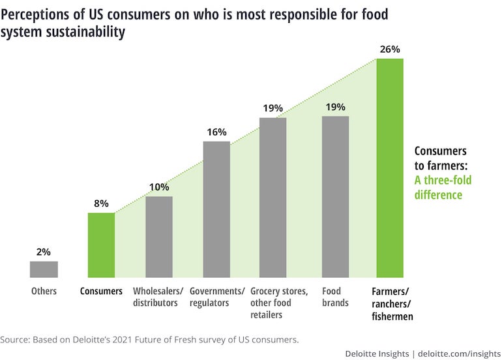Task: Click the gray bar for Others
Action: [44, 269]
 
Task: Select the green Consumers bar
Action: [101, 245]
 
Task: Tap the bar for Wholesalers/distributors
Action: [159, 237]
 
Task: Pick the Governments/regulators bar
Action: [216, 209]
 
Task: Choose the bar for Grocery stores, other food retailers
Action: [273, 198]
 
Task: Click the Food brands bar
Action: [336, 197]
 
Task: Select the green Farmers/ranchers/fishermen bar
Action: [390, 168]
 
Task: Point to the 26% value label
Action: [390, 49]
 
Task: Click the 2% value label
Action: [44, 252]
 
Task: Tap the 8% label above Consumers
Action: [101, 203]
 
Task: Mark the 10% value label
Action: [159, 187]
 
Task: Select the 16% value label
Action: [216, 132]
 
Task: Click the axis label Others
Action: [44, 292]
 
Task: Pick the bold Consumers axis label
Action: [101, 292]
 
